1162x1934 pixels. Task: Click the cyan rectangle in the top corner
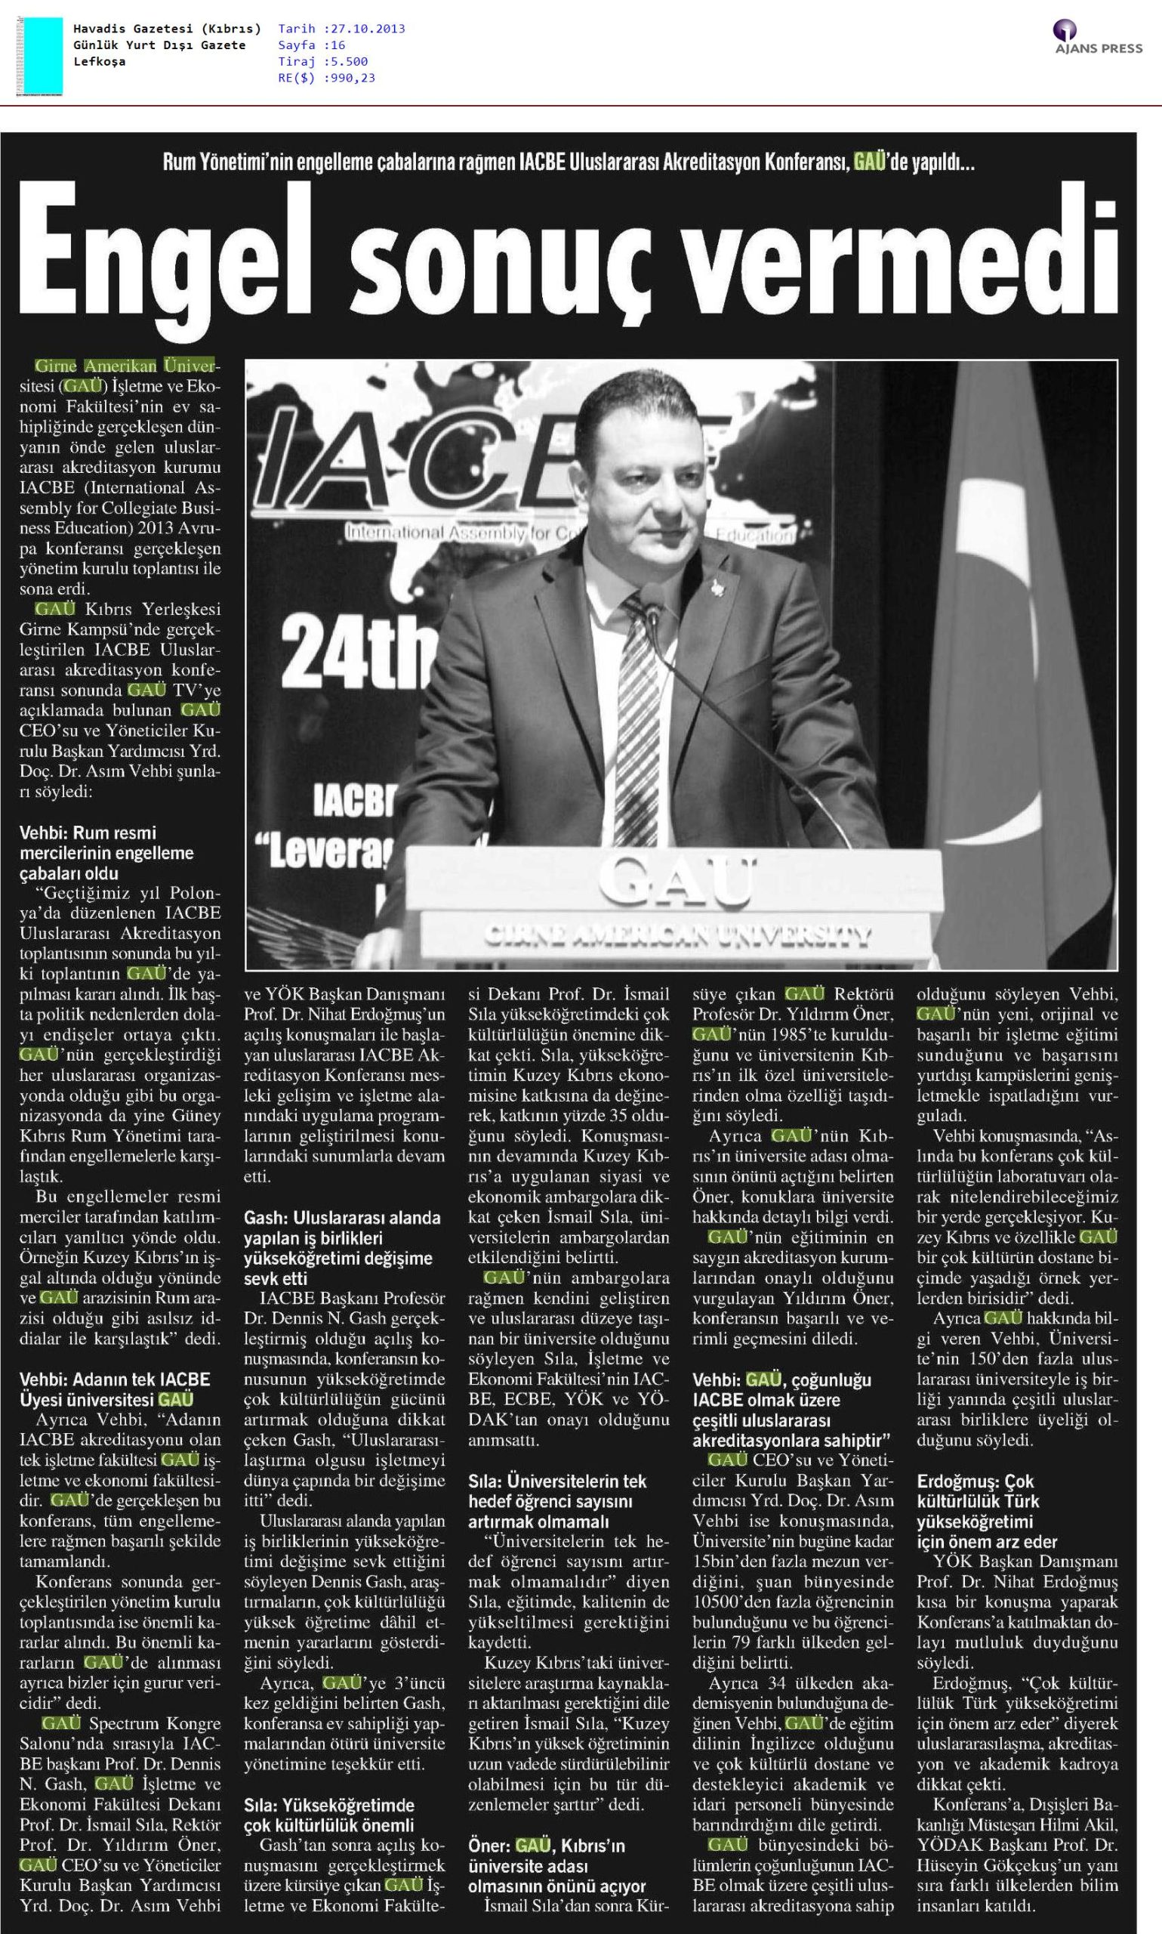coord(43,56)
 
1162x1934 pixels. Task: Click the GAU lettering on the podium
coord(677,880)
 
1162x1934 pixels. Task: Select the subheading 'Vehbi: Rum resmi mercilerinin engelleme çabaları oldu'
coord(106,853)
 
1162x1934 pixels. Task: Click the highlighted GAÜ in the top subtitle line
coord(869,163)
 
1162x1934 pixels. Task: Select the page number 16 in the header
coord(338,45)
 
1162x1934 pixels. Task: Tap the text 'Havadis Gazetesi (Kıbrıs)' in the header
coord(167,29)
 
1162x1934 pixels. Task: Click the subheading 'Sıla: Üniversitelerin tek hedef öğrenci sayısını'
coord(557,1502)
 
